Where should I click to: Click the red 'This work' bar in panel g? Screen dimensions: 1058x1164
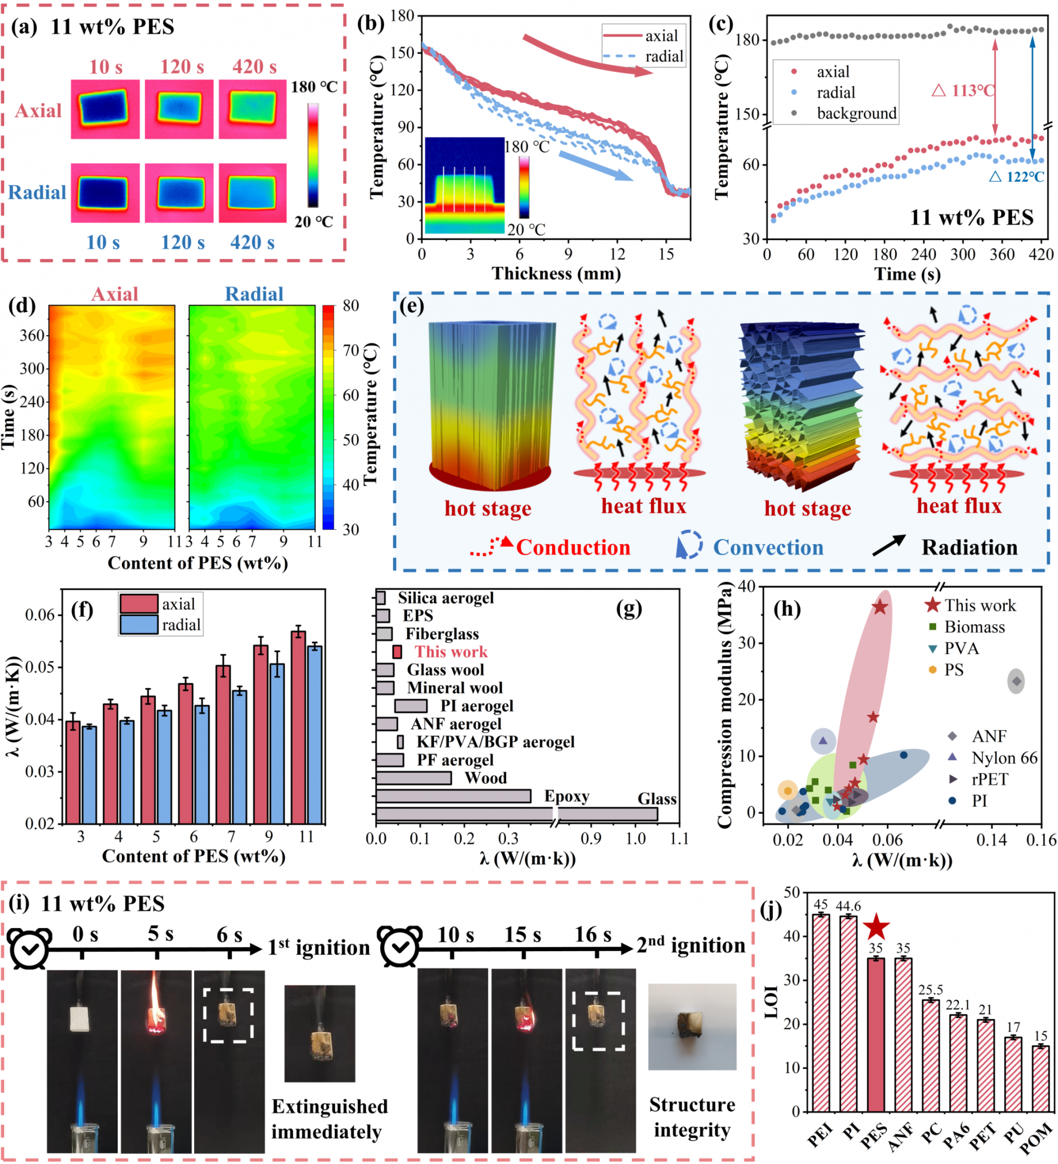coord(397,652)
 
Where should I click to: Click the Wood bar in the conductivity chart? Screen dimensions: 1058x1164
coord(413,778)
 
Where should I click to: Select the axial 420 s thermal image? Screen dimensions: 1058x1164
coord(253,109)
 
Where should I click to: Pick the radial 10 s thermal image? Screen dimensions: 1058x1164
coord(105,193)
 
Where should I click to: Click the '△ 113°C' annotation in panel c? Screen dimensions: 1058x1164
coord(963,91)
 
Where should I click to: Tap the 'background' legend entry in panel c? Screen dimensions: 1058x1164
coord(857,113)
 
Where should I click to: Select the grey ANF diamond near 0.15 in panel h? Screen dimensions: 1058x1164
coord(1017,681)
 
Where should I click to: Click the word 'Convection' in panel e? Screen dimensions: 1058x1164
coord(768,547)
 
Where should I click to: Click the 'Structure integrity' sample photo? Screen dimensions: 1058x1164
coord(692,1027)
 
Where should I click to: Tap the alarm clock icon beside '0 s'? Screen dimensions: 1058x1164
coord(29,949)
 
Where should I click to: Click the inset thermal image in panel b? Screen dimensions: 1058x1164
coord(464,185)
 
